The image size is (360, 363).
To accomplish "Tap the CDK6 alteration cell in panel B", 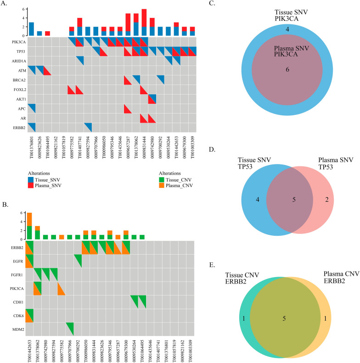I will pos(29,302).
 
